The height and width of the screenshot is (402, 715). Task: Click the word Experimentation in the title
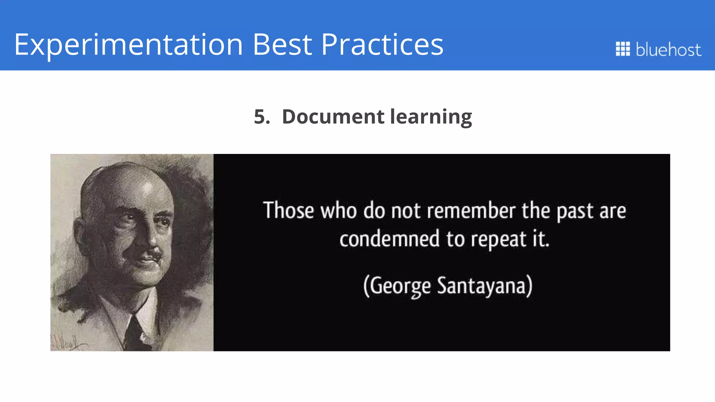tap(128, 45)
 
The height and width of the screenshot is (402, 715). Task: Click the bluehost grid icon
tap(622, 49)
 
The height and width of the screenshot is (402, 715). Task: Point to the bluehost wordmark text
tap(668, 49)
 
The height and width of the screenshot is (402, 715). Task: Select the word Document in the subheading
tap(333, 116)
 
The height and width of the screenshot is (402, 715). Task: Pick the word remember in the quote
tap(471, 211)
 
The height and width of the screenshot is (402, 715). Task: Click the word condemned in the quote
tap(389, 239)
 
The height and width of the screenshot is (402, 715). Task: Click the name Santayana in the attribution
tap(482, 286)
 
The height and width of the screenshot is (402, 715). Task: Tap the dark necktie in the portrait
tap(134, 333)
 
